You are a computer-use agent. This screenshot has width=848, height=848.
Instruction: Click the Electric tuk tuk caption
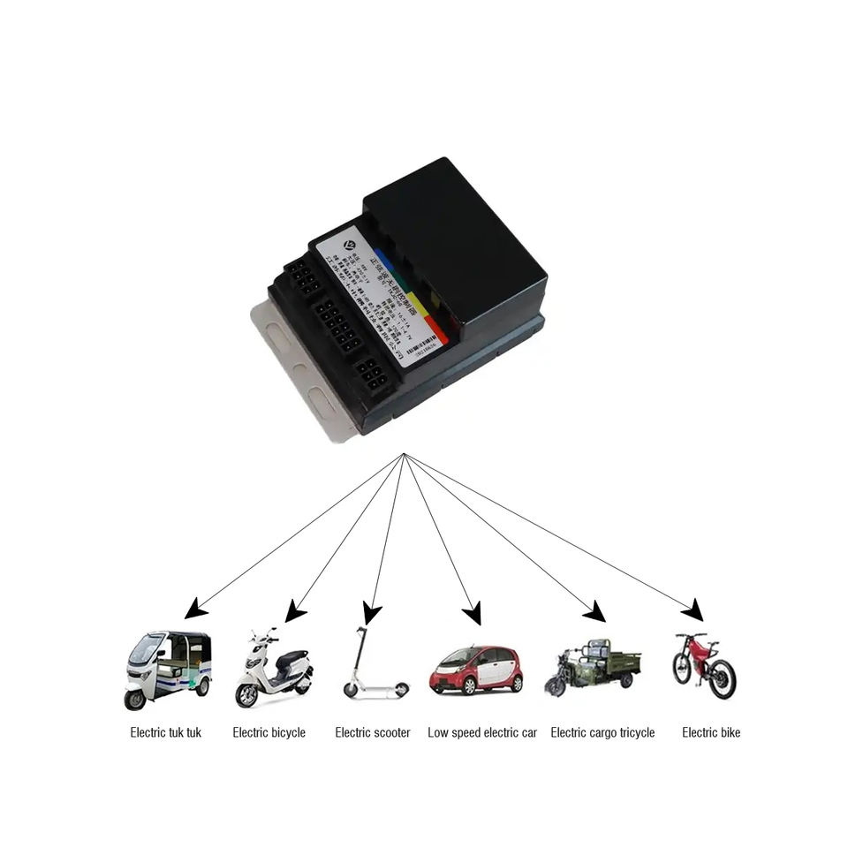pos(166,732)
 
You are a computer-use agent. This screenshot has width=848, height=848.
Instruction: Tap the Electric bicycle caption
pos(269,732)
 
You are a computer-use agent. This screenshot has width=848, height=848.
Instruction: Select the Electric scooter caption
pos(373,732)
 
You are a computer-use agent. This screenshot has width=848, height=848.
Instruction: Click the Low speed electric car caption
pos(482,732)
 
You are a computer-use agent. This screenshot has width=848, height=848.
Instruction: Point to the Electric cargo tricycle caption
pos(602,732)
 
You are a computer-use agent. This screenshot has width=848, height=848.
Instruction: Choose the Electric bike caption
pos(711,732)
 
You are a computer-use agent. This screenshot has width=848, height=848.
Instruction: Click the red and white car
pos(476,670)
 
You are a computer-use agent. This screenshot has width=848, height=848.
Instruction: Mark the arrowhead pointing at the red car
pos(473,612)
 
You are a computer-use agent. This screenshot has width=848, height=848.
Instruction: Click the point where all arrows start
pos(404,454)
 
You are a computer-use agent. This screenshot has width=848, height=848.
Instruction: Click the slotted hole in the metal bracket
pos(276,337)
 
